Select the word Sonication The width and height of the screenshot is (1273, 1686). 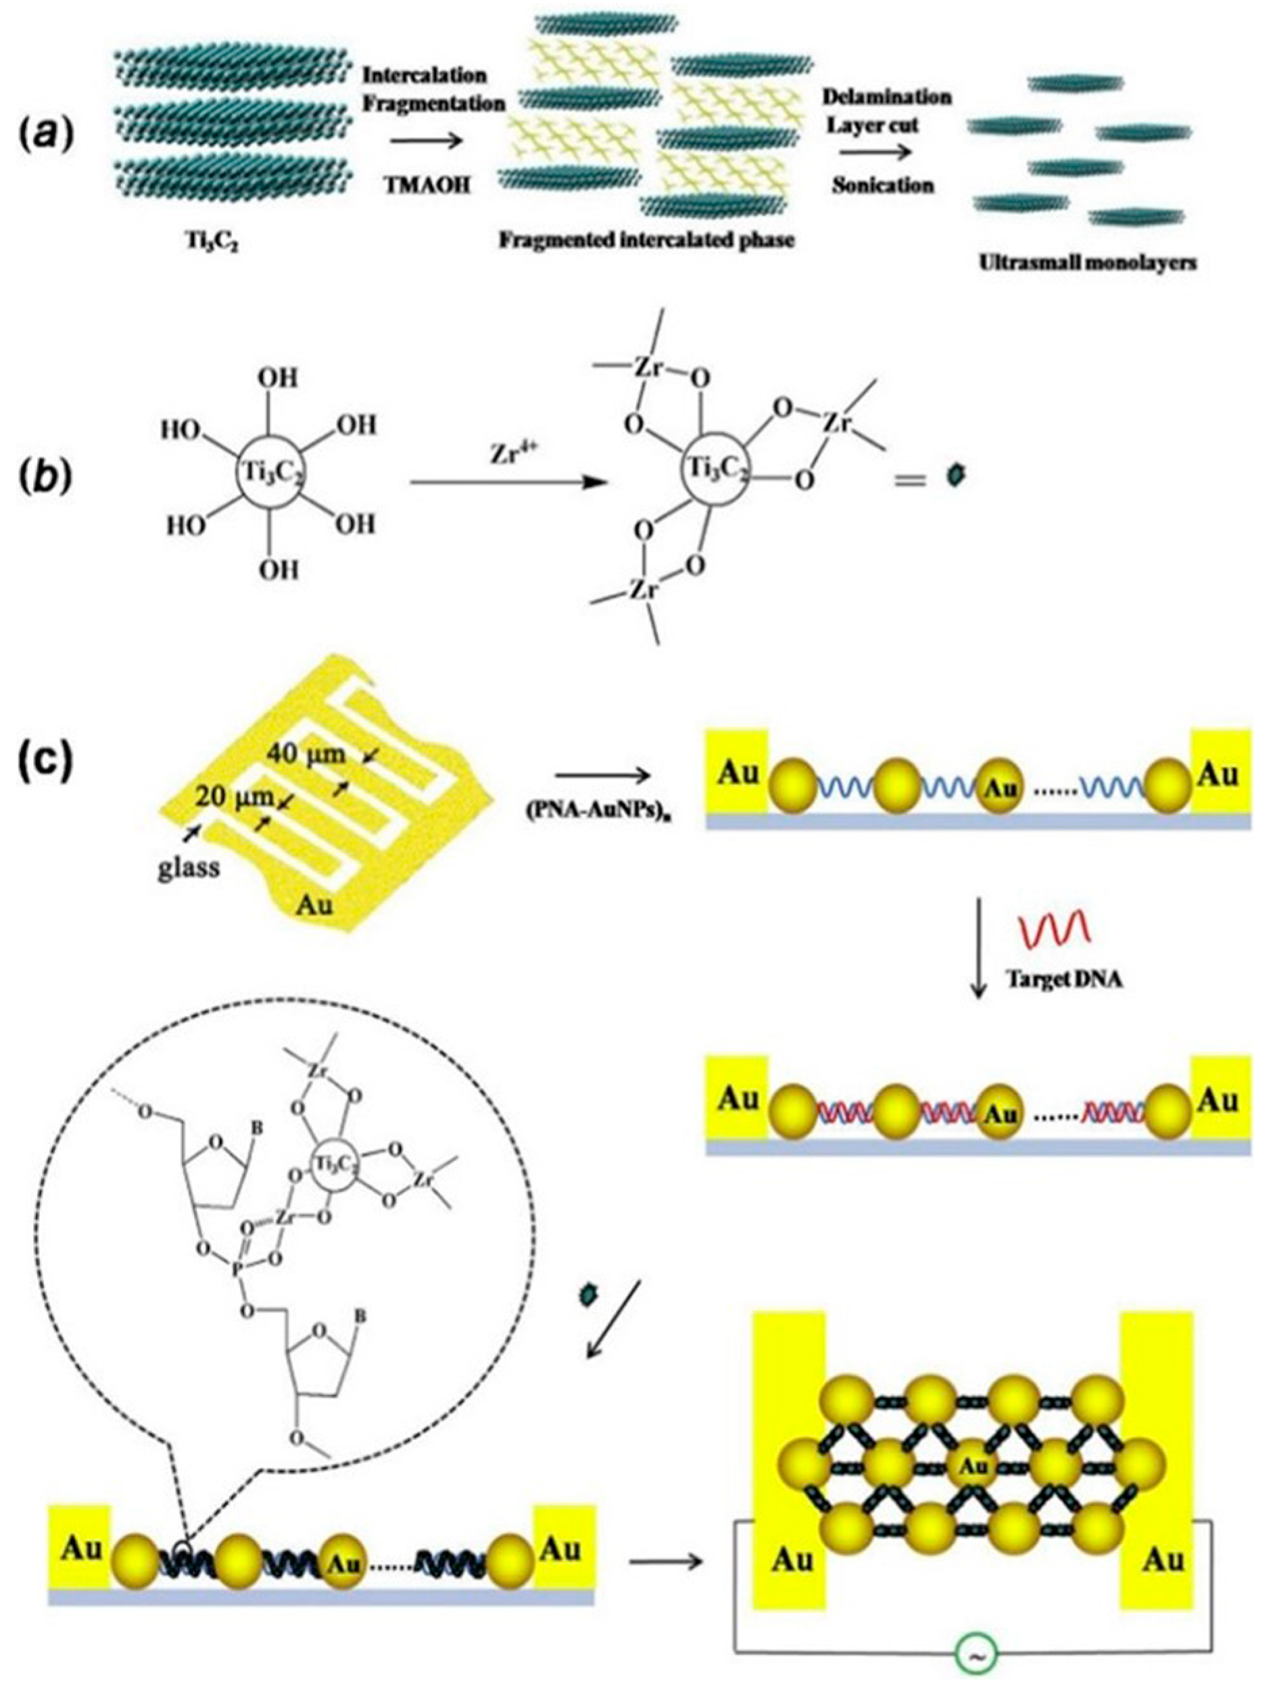pyautogui.click(x=883, y=185)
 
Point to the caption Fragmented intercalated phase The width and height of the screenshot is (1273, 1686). pyautogui.click(x=647, y=240)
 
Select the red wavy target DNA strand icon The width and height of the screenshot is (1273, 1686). pyautogui.click(x=1055, y=927)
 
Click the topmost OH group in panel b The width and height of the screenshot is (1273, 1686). pyautogui.click(x=279, y=379)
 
